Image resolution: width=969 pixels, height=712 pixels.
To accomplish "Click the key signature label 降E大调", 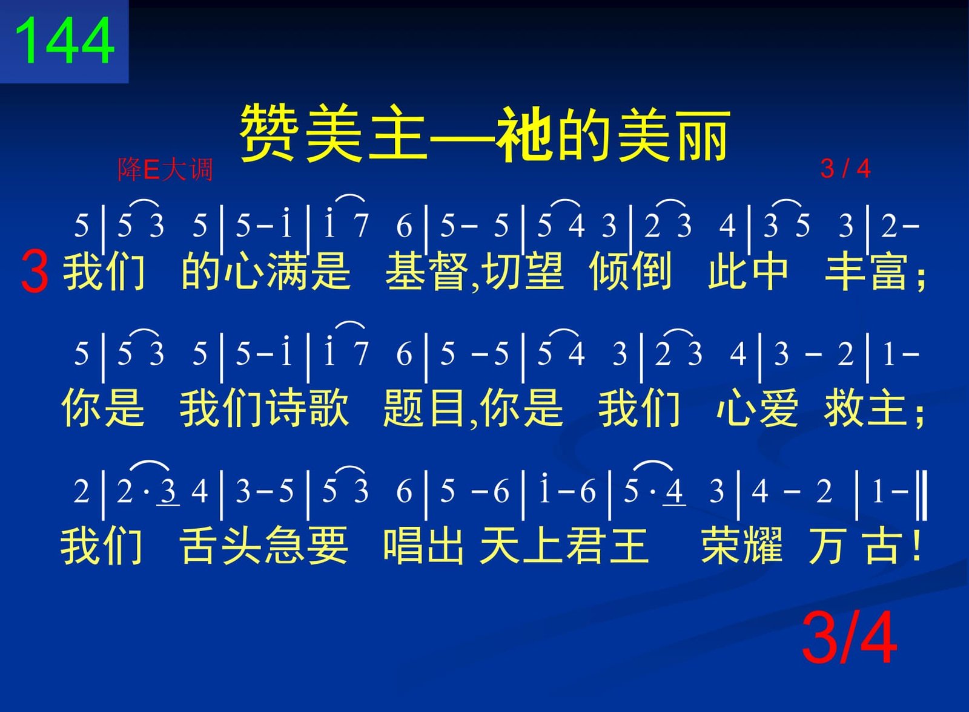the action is pyautogui.click(x=165, y=169).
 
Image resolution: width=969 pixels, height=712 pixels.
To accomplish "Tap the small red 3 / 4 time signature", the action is pyautogui.click(x=845, y=169).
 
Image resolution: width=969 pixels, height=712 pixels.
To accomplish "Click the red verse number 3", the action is pyautogui.click(x=35, y=272).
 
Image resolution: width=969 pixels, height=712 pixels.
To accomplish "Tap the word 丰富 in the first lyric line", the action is pyautogui.click(x=867, y=272).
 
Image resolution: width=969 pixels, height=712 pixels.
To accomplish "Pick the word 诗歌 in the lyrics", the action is pyautogui.click(x=306, y=407).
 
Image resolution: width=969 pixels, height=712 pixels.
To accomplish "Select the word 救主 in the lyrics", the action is pyautogui.click(x=867, y=407).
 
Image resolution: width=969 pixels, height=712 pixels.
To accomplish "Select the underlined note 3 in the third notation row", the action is pyautogui.click(x=168, y=492).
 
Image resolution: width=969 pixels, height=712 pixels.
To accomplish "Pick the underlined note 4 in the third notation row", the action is pyautogui.click(x=673, y=492).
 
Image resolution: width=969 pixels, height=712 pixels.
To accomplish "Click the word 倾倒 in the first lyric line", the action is pyautogui.click(x=630, y=272).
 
